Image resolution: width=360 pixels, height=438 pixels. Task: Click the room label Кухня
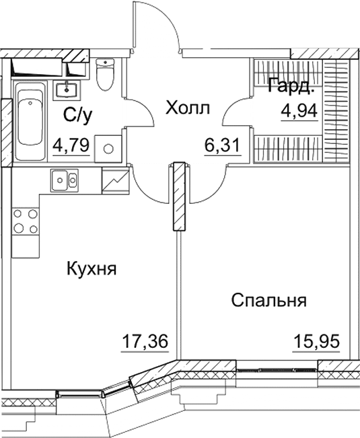coord(92,269)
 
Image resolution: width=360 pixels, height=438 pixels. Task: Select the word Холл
coord(188,108)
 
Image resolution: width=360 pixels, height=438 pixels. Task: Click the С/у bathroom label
coord(78,115)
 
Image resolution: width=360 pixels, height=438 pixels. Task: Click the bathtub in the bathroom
coord(29,121)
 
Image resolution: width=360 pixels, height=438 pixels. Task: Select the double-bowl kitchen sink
coord(65,180)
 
